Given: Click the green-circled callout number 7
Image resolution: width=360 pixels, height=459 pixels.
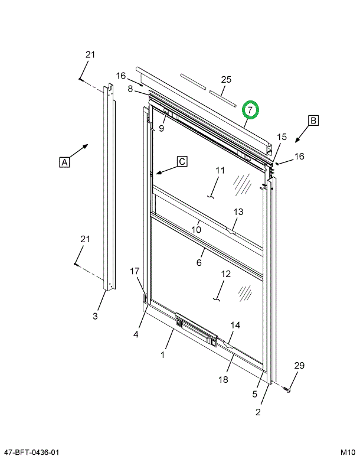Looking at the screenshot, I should pos(250,110).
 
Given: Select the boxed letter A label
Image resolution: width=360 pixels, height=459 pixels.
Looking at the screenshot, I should pos(64,161).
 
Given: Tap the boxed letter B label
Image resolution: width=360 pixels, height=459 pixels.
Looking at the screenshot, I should pos(313,121).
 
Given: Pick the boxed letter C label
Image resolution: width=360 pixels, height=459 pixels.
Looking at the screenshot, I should pos(182,161).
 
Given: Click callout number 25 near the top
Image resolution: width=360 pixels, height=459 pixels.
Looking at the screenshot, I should pos(226,79).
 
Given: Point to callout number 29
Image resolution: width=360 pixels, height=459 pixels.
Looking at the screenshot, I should pos(299,366).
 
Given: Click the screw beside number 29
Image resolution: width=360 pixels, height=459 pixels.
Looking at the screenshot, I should pos(288,390).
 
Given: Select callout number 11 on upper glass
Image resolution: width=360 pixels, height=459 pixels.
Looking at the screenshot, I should pos(220,171).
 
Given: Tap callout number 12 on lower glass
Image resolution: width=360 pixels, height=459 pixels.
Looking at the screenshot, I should pos(226,274).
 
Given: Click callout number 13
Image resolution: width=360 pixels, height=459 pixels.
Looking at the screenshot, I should pos(238,211).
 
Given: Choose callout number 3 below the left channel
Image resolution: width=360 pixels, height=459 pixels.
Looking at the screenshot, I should pos(95,316).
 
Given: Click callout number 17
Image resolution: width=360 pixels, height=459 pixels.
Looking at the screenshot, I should pos(135,271).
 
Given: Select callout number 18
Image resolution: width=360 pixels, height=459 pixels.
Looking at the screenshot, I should pos(223,379).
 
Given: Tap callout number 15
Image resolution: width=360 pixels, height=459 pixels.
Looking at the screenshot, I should pos(282,137).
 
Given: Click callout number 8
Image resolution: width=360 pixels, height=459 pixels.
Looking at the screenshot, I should pos(130,89).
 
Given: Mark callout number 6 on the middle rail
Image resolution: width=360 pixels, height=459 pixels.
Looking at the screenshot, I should pos(199,263).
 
